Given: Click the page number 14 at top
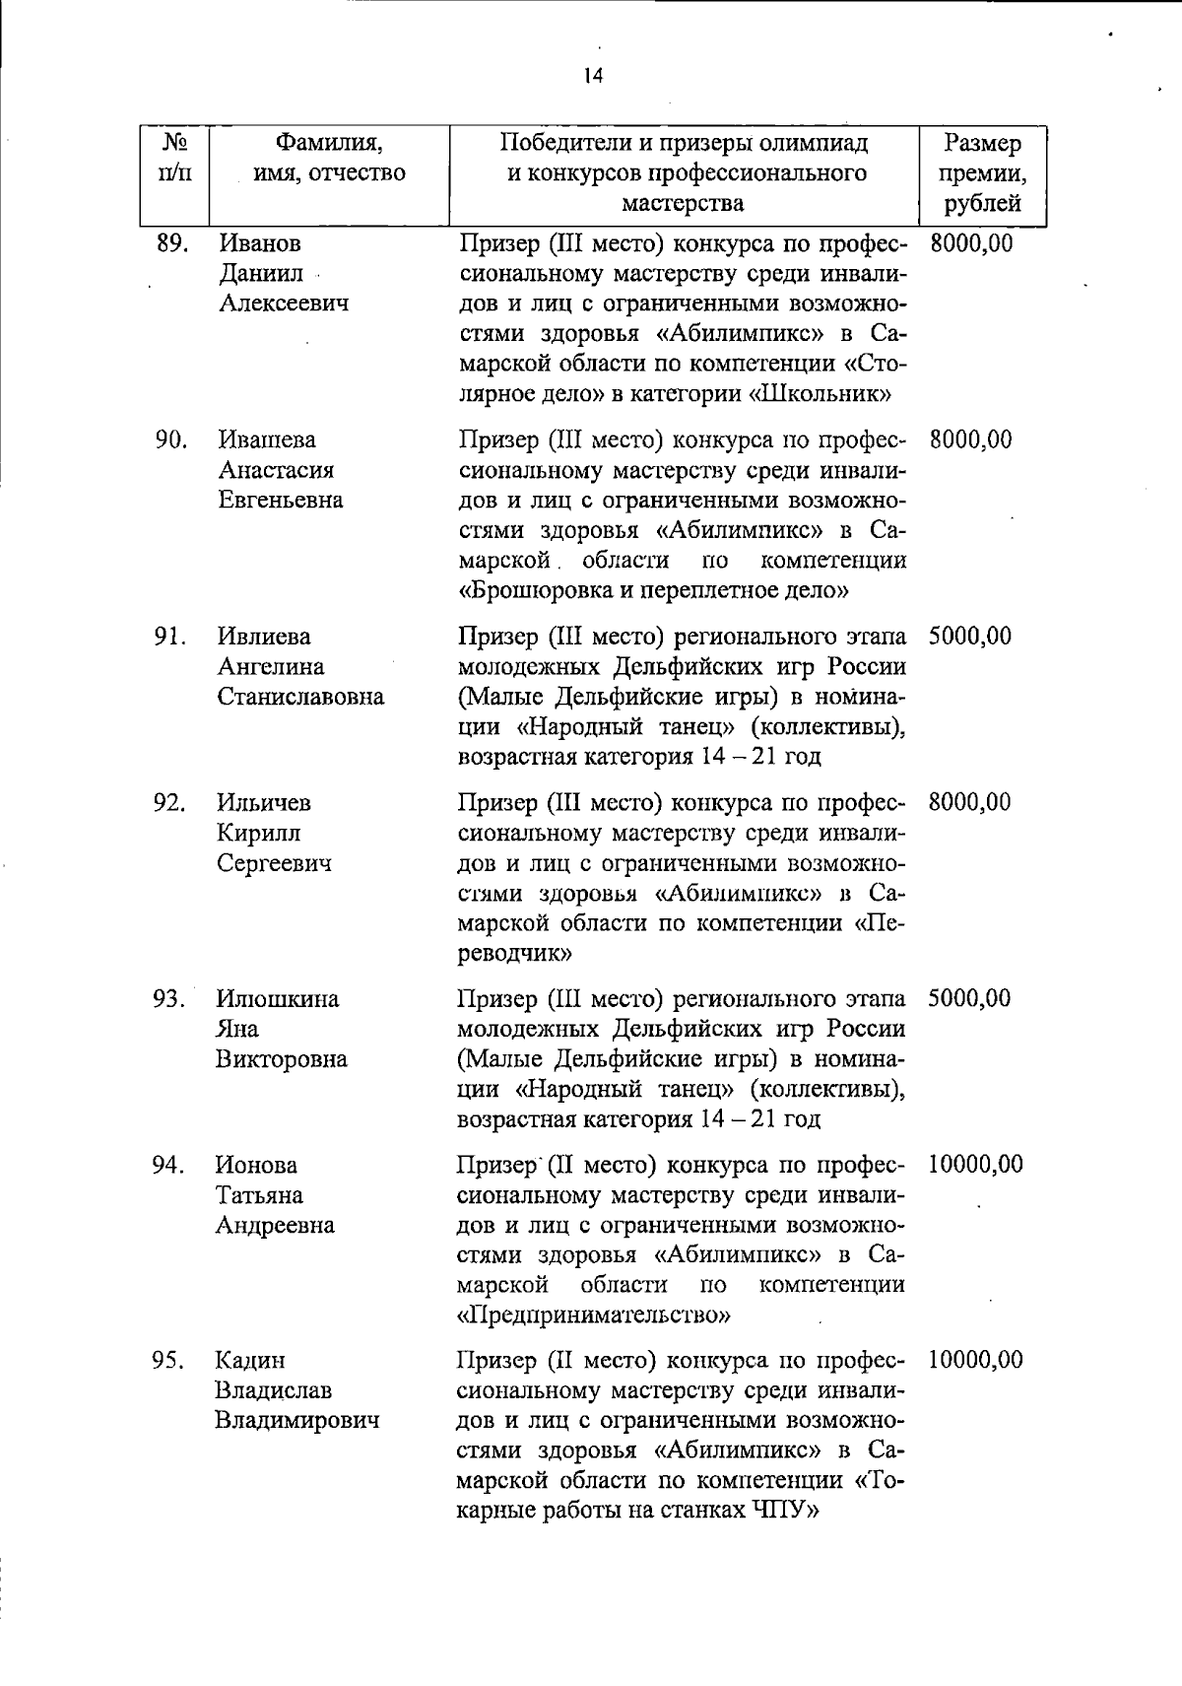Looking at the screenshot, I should (x=592, y=76).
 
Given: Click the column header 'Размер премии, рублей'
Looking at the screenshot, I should (x=982, y=173).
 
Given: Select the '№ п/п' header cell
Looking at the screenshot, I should (x=173, y=159).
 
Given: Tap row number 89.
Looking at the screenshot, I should (x=172, y=242).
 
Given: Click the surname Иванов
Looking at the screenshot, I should (x=260, y=242).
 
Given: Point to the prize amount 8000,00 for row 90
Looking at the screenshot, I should (x=970, y=439).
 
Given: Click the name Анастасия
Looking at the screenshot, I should (x=276, y=470).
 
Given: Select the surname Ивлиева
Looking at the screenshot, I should (x=264, y=637).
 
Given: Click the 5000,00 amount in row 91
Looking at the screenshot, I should (x=969, y=637).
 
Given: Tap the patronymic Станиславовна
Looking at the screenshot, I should (x=300, y=698).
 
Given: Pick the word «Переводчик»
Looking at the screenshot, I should (x=517, y=954).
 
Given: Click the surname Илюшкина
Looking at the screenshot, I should (x=278, y=999).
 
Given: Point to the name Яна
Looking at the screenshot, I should (x=237, y=1029).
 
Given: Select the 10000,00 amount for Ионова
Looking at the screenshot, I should (x=975, y=1165).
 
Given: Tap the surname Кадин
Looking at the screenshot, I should (x=250, y=1361).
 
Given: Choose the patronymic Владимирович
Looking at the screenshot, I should (x=297, y=1421).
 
